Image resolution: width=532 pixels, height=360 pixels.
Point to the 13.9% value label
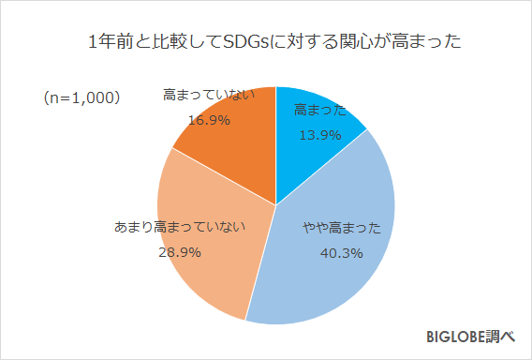318,135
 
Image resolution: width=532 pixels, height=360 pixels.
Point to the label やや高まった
341,228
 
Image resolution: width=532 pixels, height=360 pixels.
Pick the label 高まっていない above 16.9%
208,95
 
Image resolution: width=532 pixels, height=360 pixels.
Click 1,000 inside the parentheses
92,97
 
